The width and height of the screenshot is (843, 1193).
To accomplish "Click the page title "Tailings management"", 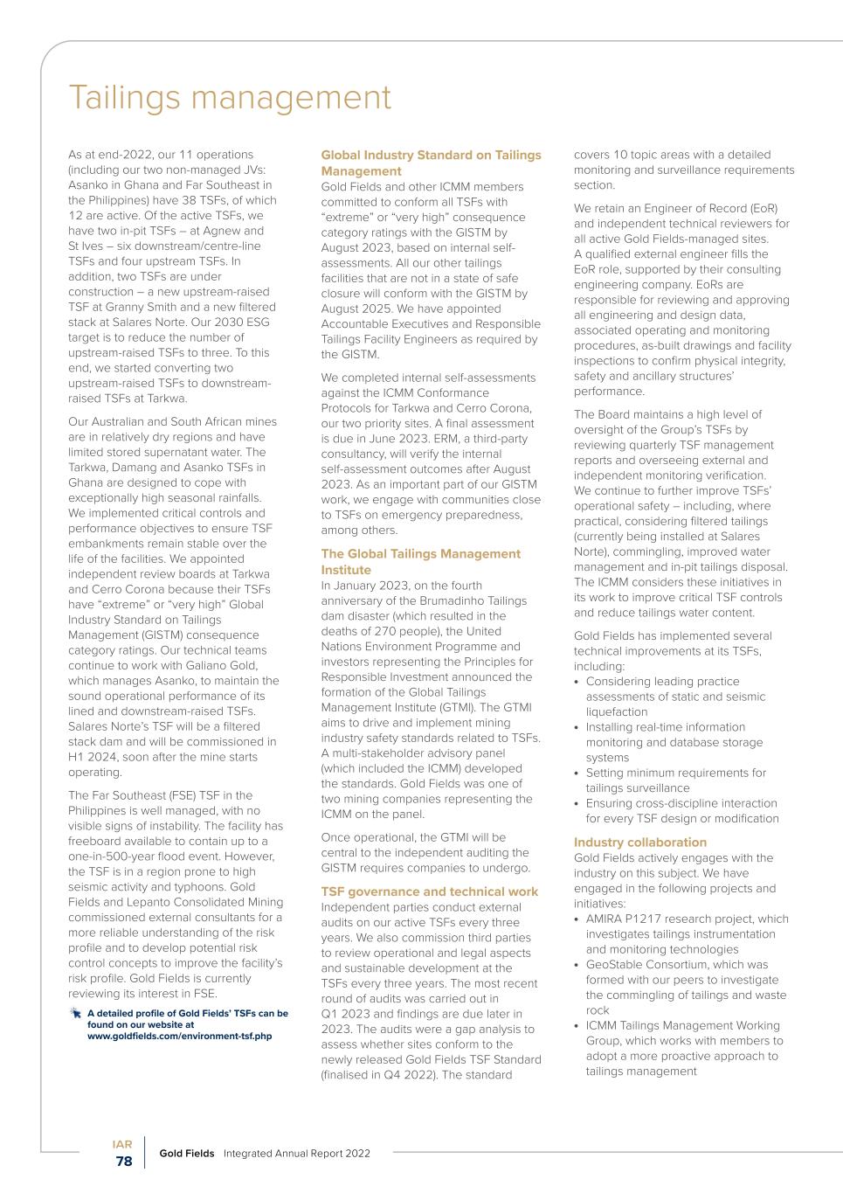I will click(x=230, y=97).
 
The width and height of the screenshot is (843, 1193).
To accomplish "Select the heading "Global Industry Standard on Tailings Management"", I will click(x=431, y=163).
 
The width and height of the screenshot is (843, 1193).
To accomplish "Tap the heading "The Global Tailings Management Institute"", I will click(x=420, y=561).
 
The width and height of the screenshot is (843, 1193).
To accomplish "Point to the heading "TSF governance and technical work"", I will click(x=429, y=891).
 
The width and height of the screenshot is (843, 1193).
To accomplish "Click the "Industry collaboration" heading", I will click(x=639, y=843).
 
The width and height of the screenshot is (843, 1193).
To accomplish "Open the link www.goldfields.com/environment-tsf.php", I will click(x=179, y=1036).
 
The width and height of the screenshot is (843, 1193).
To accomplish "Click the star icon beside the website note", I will click(x=75, y=1014).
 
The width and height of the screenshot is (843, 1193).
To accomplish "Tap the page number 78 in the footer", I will click(x=124, y=1162).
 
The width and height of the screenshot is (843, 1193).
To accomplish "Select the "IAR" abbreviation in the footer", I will click(x=122, y=1144).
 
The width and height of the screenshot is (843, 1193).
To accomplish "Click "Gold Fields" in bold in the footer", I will click(x=186, y=1154).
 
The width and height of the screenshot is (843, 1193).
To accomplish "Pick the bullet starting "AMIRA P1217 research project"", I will click(x=686, y=934).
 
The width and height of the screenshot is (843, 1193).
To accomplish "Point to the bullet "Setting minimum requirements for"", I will click(x=675, y=780).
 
